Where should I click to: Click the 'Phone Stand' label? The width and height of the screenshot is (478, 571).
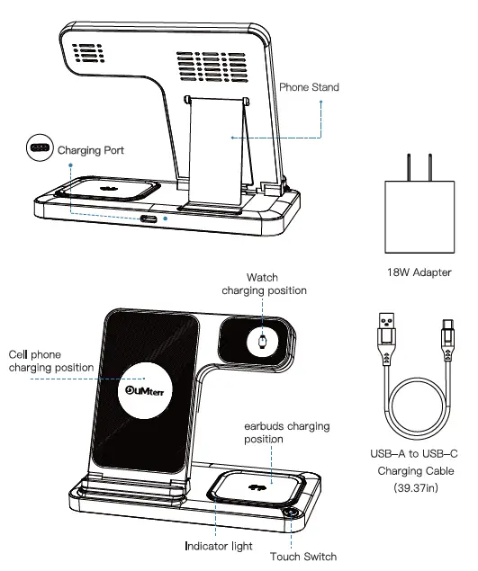point(309,87)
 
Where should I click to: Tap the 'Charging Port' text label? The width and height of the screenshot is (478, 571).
point(91,150)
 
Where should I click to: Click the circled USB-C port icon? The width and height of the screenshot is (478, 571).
point(41,147)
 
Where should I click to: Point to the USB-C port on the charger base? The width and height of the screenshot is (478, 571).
point(149,219)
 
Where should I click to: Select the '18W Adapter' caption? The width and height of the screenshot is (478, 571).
point(419,272)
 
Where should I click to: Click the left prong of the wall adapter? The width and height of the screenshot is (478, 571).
point(409,167)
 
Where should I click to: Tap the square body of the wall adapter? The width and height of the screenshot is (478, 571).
point(419,217)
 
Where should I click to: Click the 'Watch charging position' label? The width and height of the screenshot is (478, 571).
point(264,284)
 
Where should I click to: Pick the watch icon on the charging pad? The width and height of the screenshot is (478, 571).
point(262,342)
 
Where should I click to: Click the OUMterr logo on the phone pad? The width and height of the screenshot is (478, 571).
point(144,391)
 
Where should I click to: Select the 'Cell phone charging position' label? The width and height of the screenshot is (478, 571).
point(51,361)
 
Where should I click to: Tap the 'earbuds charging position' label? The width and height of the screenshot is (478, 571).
point(286,433)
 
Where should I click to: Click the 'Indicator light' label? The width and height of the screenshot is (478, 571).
point(219,546)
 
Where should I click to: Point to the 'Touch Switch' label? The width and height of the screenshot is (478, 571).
point(303,557)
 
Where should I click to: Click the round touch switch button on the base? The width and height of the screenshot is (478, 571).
point(292,513)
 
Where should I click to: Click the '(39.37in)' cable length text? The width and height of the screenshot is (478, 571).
point(416,487)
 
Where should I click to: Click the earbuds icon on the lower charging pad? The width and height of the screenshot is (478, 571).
point(257,487)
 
